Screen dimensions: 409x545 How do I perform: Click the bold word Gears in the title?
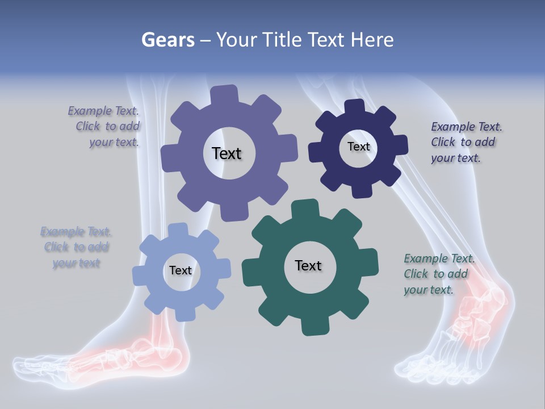[167, 40]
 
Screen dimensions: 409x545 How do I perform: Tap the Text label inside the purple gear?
[227, 153]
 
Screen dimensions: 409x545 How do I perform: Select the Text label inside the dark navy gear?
[358, 147]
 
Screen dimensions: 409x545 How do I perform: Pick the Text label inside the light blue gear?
[181, 270]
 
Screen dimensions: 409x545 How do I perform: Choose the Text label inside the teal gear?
[308, 265]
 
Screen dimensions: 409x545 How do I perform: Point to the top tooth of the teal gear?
[304, 208]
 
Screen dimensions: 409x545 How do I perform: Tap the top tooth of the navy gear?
[355, 107]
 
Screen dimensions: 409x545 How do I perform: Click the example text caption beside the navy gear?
[464, 142]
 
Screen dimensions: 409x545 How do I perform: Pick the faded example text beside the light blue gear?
[76, 247]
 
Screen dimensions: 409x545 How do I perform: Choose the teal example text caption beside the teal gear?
[438, 274]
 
